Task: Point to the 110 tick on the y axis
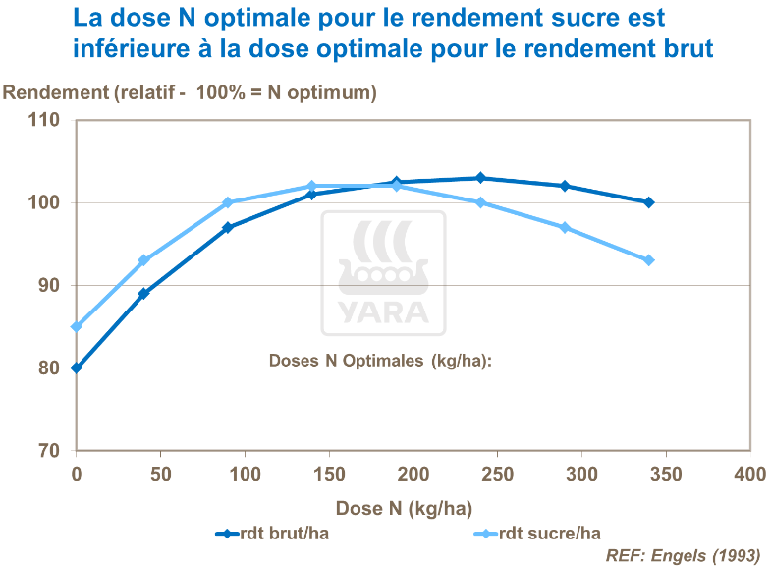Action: click(x=47, y=121)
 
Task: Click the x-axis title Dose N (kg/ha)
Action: click(x=404, y=508)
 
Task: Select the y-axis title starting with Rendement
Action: click(x=191, y=93)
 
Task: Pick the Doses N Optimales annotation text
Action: click(x=379, y=360)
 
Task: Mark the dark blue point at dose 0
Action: click(x=76, y=368)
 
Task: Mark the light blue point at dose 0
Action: click(x=76, y=327)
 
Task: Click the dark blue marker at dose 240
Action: click(x=480, y=178)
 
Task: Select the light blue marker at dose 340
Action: click(x=649, y=260)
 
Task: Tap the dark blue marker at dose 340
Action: click(x=649, y=202)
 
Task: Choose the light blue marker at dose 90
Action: click(x=228, y=202)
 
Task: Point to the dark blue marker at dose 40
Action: click(x=143, y=294)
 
